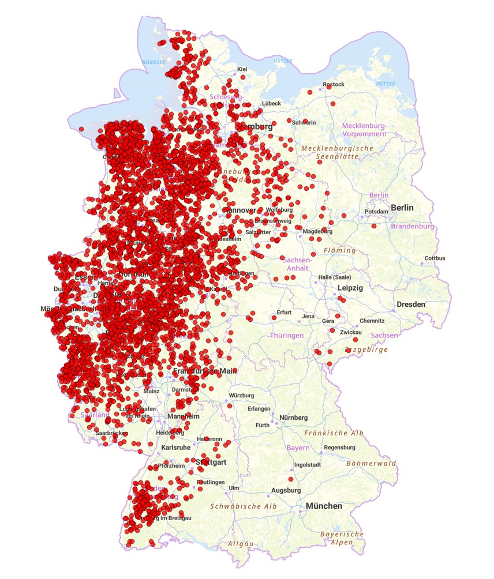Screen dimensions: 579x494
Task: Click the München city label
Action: point(324,506)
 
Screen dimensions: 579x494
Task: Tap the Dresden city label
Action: point(410,304)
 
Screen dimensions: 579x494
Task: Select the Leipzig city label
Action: point(350,287)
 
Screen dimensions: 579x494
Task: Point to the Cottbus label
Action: point(435,258)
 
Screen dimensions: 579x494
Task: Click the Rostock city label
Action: point(334,84)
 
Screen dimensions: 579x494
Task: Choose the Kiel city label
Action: point(242,69)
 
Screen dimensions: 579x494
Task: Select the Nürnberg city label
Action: point(293,417)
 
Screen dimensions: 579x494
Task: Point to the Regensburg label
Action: point(340,448)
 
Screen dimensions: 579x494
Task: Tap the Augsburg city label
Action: point(286,491)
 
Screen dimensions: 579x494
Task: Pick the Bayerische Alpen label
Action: point(342,538)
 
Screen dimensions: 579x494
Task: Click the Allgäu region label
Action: point(241,543)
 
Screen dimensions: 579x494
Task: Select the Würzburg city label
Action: point(241,395)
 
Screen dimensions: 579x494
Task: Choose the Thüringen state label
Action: point(287,335)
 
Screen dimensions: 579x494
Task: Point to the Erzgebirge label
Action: point(366,349)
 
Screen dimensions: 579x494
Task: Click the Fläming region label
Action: point(340,250)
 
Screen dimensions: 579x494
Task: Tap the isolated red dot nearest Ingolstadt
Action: point(291,479)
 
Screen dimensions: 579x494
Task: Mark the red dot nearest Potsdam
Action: point(374,226)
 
